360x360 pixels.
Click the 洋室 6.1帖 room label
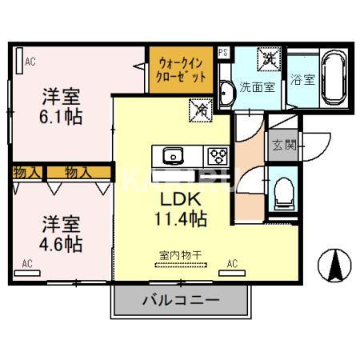click(x=61, y=106)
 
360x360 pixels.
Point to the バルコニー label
click(x=181, y=302)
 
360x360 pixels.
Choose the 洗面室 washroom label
click(x=258, y=87)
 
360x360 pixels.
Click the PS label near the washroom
click(x=223, y=53)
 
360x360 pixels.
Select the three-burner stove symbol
click(x=216, y=155)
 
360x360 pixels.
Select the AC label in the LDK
click(x=233, y=262)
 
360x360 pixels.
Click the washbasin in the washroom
click(x=226, y=93)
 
